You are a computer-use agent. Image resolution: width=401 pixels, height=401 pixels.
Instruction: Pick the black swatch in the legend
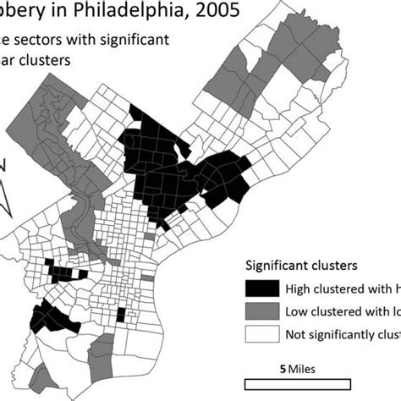[261, 287]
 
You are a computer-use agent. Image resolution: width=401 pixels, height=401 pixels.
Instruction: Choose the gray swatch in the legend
[261, 310]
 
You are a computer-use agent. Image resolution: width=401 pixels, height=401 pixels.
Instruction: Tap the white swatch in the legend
[261, 334]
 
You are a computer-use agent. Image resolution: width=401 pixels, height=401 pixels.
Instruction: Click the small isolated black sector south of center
[120, 316]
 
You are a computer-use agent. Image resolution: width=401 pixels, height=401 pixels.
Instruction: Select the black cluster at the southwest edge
[52, 321]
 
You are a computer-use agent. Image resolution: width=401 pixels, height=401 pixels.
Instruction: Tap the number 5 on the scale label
[280, 369]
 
